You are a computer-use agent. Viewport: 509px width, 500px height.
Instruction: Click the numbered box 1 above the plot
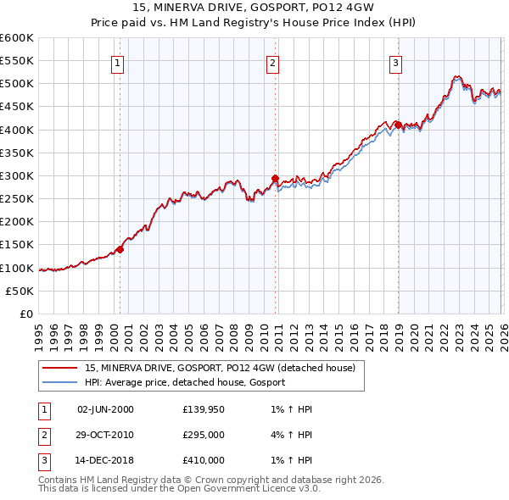(117, 62)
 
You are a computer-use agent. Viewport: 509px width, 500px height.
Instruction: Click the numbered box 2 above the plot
(273, 62)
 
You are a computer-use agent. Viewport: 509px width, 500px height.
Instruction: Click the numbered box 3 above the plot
(396, 62)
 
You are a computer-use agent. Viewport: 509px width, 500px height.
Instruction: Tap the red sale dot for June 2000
(120, 249)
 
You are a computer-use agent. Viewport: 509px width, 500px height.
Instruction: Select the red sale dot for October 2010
(275, 178)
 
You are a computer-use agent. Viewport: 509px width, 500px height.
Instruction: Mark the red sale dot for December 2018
(397, 125)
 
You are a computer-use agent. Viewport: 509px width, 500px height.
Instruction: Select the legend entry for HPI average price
(185, 382)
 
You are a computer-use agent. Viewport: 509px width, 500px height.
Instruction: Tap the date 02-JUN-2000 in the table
(105, 409)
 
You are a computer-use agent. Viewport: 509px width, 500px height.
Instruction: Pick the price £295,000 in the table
(204, 435)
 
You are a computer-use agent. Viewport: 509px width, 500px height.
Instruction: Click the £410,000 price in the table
(204, 460)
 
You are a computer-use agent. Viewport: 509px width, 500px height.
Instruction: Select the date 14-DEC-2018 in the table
(105, 460)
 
